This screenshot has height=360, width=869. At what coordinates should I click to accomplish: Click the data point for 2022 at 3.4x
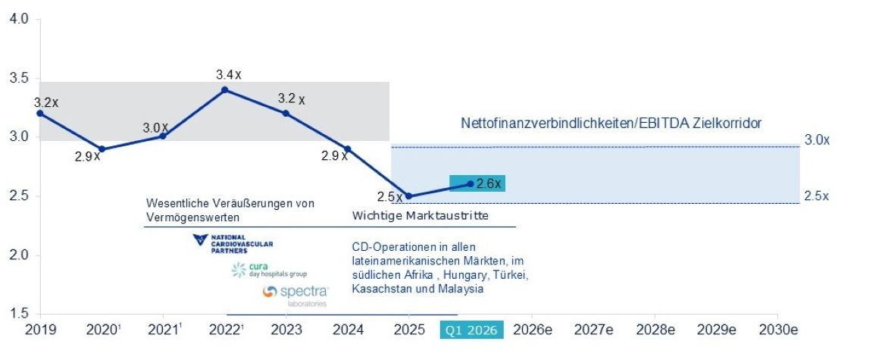pos(224,90)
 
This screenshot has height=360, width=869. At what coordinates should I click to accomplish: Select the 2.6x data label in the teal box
pos(488,183)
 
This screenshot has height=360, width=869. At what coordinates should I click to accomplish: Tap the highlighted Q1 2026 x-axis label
pos(472,330)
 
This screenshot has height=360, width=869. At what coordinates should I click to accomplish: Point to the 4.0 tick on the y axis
pos(19,20)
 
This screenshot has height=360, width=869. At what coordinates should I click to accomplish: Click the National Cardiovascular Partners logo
pos(233,243)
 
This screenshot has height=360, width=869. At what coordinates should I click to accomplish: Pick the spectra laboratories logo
pos(296,295)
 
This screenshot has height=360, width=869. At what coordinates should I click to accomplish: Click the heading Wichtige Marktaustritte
pos(420,216)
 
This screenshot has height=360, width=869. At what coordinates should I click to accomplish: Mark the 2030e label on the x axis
pos(778,330)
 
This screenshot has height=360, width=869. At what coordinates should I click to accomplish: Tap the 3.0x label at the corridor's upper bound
pos(817,140)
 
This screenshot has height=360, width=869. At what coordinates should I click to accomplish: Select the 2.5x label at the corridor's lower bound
pos(817,196)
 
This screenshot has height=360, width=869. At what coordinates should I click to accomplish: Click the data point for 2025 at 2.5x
pos(409,196)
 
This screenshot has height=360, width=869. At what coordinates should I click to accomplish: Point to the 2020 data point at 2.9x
pos(102,149)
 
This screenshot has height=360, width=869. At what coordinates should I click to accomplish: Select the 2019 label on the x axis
pos(40,330)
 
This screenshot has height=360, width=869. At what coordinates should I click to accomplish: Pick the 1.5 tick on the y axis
pos(19,315)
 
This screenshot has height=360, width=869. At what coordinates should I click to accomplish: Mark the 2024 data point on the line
pos(348,149)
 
